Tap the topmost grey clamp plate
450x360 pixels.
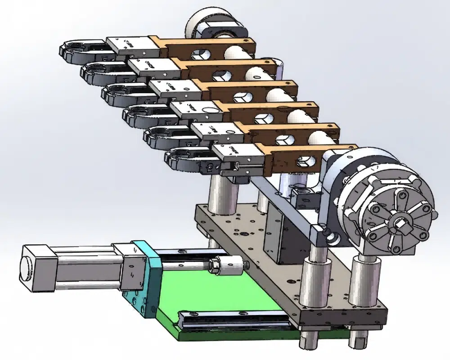(128, 45)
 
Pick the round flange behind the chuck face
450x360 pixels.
(360, 166)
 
